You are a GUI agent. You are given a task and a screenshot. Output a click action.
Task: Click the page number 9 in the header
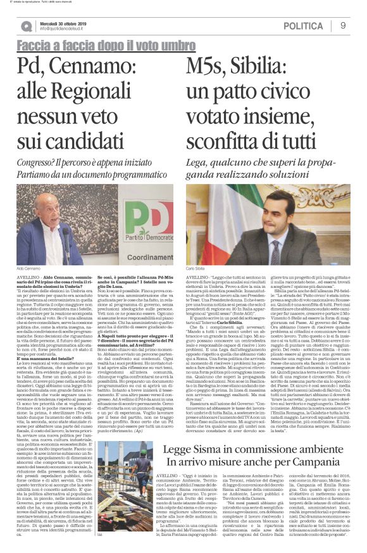tap(343, 25)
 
